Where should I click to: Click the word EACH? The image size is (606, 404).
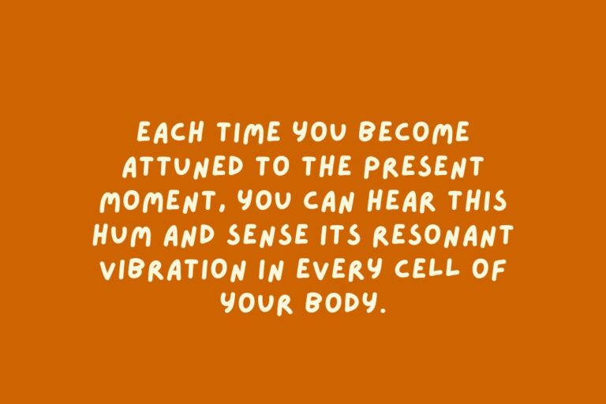click(170, 132)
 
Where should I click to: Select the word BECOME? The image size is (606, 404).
click(413, 132)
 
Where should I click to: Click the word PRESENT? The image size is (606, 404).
click(424, 167)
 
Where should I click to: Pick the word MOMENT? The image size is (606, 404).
click(157, 201)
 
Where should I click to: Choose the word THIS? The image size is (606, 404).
click(477, 201)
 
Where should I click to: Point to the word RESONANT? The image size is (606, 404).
click(443, 236)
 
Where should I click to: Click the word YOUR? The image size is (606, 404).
click(256, 303)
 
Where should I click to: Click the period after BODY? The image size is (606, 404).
click(383, 309)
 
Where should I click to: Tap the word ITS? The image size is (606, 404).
click(340, 236)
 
